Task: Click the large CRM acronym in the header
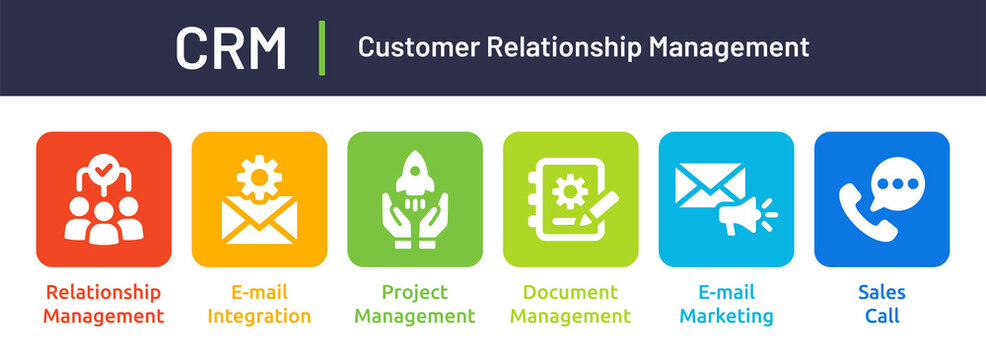(231, 47)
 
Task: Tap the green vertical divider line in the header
(322, 47)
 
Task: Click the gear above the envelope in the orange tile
(259, 177)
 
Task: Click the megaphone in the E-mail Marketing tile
(742, 214)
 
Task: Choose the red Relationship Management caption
(103, 305)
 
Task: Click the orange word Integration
(259, 317)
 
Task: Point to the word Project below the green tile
(415, 293)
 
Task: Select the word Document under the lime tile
(570, 293)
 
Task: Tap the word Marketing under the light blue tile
(726, 317)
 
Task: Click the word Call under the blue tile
(881, 317)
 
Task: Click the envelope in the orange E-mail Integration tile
(259, 220)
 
